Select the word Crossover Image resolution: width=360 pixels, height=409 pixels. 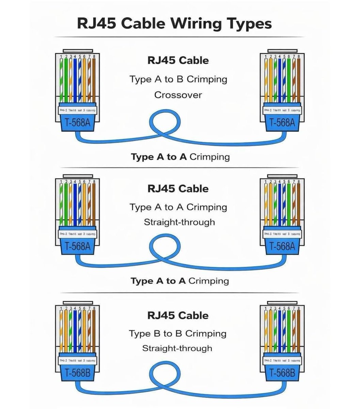tap(178, 95)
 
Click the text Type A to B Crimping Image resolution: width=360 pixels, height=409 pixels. tap(178, 79)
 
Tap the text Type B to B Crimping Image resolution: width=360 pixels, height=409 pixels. tap(177, 333)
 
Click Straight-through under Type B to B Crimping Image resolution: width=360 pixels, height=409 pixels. tap(177, 348)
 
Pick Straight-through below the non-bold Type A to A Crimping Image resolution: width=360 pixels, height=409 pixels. tap(179, 222)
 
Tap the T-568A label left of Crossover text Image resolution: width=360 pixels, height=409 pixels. tap(78, 122)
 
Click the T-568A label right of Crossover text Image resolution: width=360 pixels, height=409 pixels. tap(282, 122)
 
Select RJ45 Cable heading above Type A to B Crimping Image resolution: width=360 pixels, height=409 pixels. tap(178, 60)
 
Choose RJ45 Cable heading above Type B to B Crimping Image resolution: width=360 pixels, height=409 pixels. tap(178, 315)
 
